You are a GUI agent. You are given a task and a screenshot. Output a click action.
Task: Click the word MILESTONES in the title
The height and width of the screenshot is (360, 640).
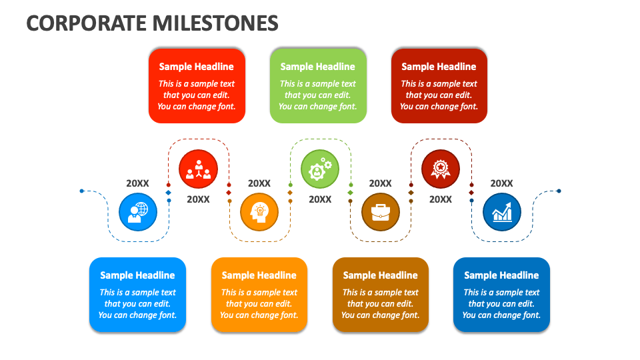click(x=216, y=23)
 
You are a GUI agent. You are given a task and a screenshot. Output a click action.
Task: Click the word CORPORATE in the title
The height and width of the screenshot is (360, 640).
click(x=87, y=23)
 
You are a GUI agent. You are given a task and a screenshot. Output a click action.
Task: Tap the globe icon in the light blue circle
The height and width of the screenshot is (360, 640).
click(x=138, y=212)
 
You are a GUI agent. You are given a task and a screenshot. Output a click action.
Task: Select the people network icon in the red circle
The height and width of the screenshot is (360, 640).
click(x=198, y=169)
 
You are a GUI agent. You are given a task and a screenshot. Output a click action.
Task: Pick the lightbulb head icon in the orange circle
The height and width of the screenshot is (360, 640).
click(x=259, y=212)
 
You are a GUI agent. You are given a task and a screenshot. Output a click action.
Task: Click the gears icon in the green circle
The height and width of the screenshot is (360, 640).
click(x=320, y=169)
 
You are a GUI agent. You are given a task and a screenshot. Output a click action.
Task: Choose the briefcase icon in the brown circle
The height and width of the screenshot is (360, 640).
click(x=381, y=212)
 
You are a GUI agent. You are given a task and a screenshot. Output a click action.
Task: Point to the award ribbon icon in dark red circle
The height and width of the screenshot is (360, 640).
click(x=441, y=169)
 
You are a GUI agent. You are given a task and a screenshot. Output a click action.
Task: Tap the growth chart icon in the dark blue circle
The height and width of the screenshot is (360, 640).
click(x=501, y=212)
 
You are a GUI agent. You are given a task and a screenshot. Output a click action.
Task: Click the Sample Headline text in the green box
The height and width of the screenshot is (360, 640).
click(x=317, y=67)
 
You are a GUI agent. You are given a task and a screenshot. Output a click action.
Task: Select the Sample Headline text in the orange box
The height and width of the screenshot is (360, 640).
click(x=259, y=275)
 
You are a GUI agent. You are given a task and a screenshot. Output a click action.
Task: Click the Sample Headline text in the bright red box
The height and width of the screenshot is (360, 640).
click(x=196, y=67)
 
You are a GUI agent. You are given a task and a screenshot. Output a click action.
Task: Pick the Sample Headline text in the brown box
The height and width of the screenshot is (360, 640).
click(x=380, y=275)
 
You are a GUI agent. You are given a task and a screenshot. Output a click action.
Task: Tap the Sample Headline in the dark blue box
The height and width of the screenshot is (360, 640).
click(x=501, y=275)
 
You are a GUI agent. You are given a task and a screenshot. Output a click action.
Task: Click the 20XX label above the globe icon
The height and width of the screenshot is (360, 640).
click(x=138, y=183)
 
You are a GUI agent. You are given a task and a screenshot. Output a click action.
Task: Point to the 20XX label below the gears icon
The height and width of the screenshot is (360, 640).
click(x=320, y=199)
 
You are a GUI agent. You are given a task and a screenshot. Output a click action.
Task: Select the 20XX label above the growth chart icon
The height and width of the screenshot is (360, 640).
click(x=502, y=183)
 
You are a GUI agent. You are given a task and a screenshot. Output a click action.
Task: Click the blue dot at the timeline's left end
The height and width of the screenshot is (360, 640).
click(x=81, y=191)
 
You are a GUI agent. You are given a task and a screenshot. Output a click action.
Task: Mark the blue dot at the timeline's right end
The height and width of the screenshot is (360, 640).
click(x=559, y=191)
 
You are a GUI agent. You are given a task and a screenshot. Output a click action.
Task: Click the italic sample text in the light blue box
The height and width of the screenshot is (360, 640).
click(x=137, y=304)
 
